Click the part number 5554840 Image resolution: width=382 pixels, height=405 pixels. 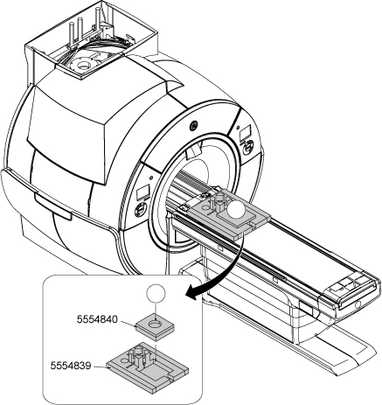[x=97, y=319]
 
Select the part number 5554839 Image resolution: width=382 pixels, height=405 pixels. [x=71, y=366]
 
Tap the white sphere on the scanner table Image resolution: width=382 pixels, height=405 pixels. [x=236, y=210]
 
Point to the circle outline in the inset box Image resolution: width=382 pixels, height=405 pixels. [x=156, y=293]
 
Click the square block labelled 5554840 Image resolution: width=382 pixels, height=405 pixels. [x=155, y=326]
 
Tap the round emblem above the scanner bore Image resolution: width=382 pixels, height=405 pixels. [x=193, y=126]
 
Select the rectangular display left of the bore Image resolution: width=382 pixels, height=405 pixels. [x=143, y=192]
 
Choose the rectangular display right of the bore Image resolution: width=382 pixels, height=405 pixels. [x=245, y=132]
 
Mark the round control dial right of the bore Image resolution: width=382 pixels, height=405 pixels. [x=248, y=147]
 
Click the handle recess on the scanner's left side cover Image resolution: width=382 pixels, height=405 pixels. [x=53, y=206]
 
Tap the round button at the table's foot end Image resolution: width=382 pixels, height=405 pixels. [x=358, y=304]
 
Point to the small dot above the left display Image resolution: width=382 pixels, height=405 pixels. [x=151, y=178]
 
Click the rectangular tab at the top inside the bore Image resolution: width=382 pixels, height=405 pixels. [x=192, y=152]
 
